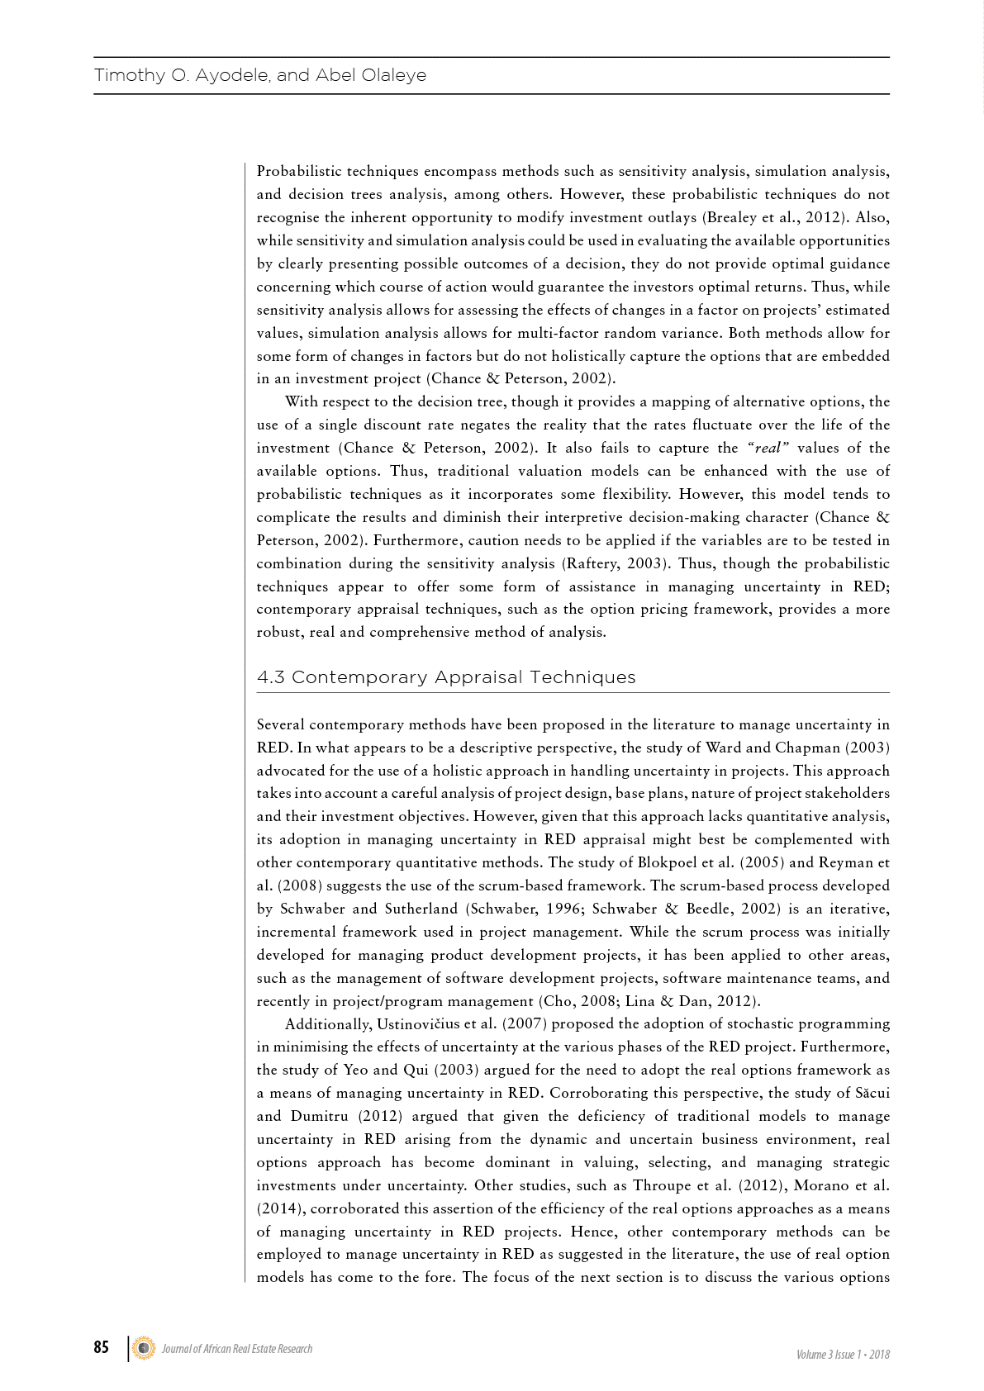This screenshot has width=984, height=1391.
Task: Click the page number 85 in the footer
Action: [101, 1347]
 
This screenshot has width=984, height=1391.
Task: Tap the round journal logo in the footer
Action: [144, 1348]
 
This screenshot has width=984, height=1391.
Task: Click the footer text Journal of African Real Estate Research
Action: [237, 1349]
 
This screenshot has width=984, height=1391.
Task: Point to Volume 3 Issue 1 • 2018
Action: [843, 1355]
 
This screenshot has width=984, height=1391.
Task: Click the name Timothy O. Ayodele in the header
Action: [181, 75]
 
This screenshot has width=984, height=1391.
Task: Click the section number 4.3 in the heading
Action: [271, 677]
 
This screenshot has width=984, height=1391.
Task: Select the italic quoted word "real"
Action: [768, 448]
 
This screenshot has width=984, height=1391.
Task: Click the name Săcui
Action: [869, 1093]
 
